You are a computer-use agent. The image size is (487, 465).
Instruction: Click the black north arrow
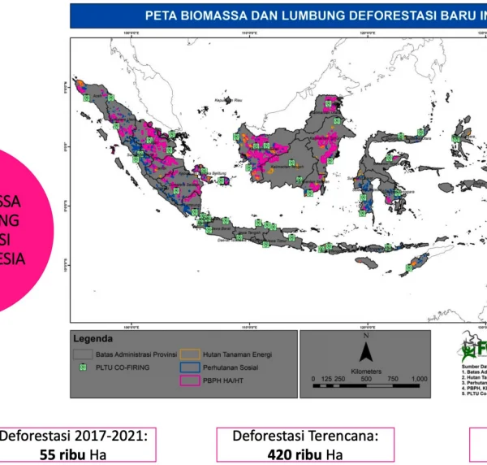click(365, 352)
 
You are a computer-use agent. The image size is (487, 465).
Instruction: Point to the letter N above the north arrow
click(366, 336)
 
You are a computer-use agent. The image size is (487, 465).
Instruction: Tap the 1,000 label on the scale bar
click(419, 380)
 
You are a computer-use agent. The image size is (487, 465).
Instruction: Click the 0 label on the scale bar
click(313, 380)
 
